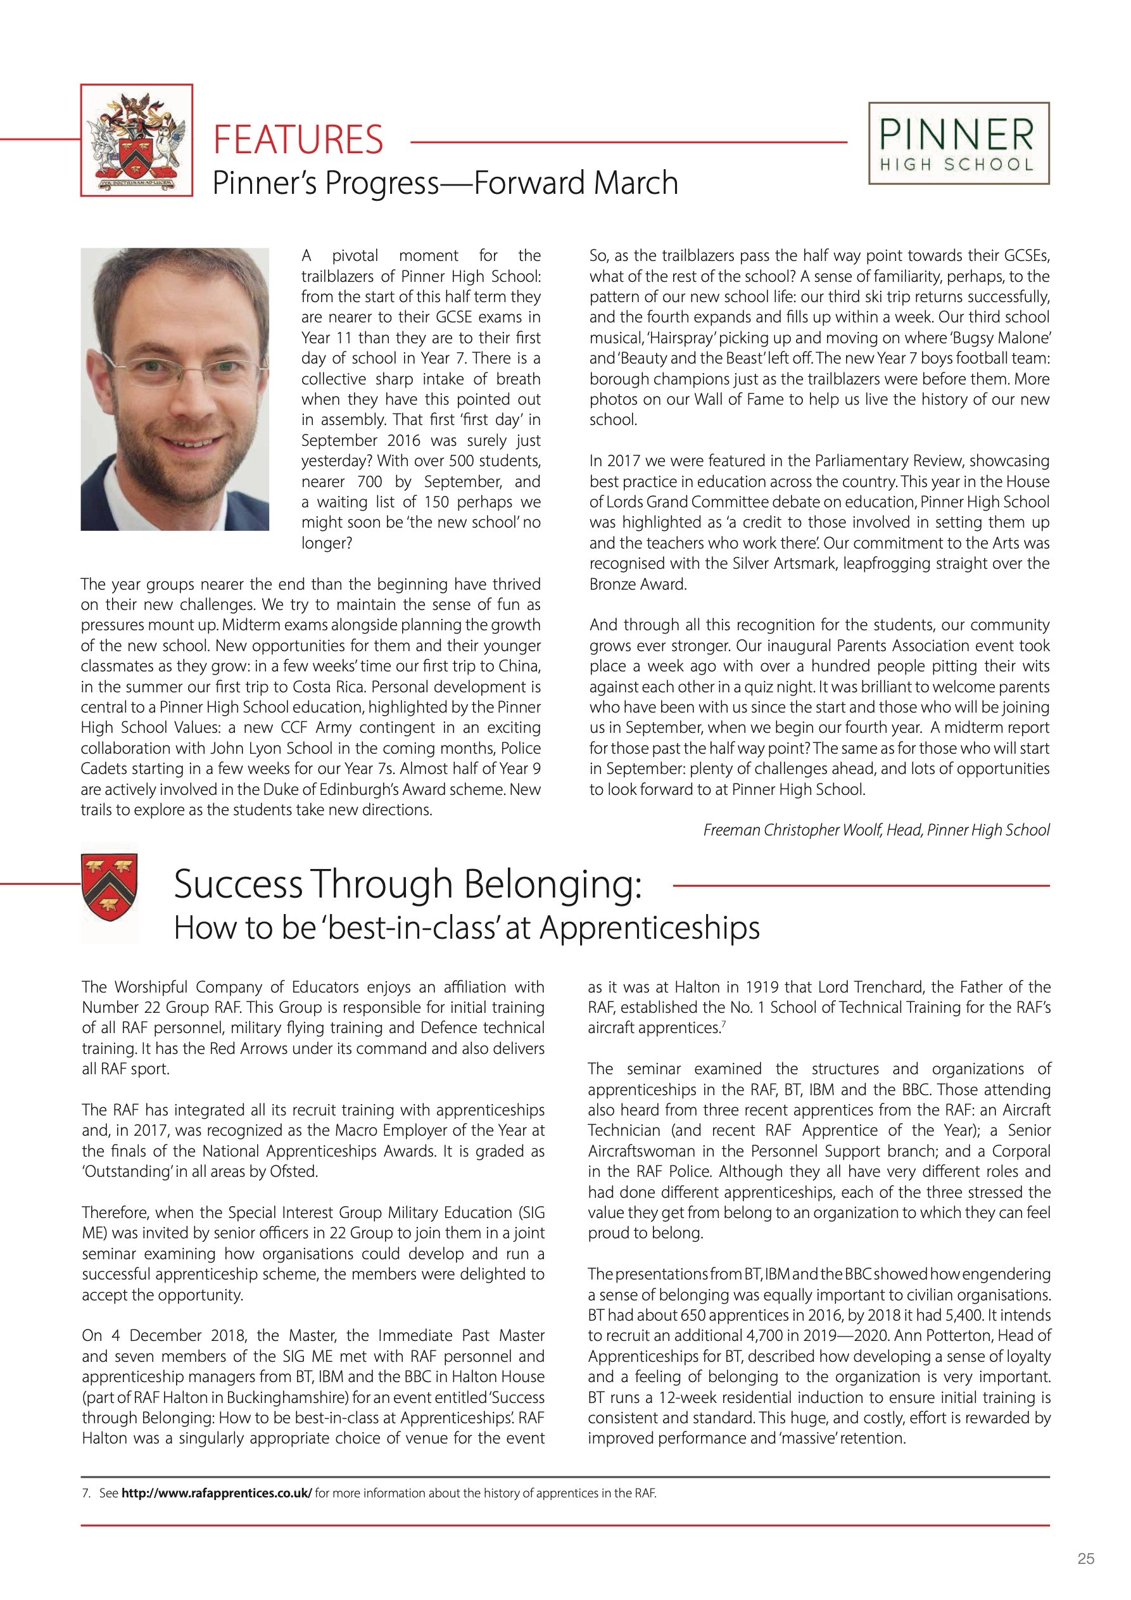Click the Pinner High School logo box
(x=958, y=144)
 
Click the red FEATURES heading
(x=298, y=139)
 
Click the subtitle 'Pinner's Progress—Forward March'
(x=445, y=182)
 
